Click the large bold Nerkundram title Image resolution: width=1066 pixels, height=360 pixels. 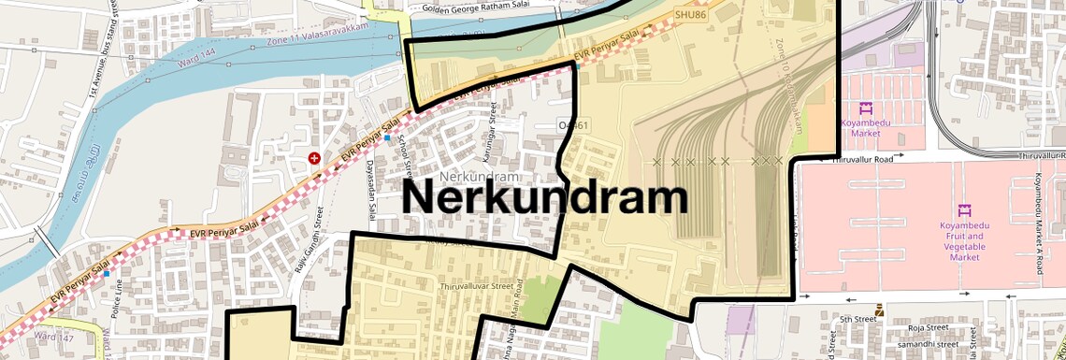click(545, 198)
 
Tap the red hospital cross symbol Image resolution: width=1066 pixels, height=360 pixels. click(314, 158)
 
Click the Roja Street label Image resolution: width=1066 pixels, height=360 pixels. click(929, 328)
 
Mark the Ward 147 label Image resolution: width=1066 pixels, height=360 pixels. click(53, 334)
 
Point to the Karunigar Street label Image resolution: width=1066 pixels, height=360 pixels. click(487, 140)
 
